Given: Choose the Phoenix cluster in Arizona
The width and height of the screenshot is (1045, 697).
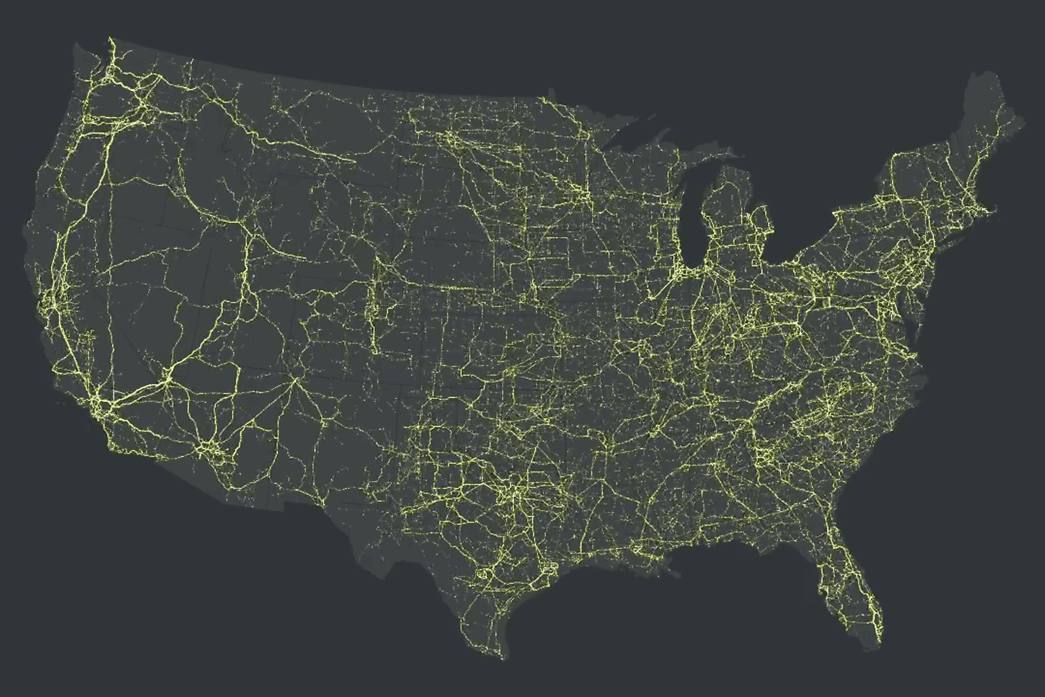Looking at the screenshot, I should [x=210, y=449].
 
